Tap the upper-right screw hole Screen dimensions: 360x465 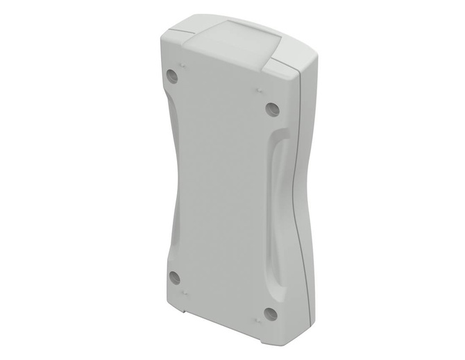[272, 109]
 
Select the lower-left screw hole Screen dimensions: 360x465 [174, 278]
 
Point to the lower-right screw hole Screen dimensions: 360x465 [271, 314]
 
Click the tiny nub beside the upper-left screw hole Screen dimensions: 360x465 [183, 65]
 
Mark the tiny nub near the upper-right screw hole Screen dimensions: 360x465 [258, 90]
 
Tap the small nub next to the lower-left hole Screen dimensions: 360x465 [185, 295]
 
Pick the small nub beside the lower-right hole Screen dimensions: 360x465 [257, 320]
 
